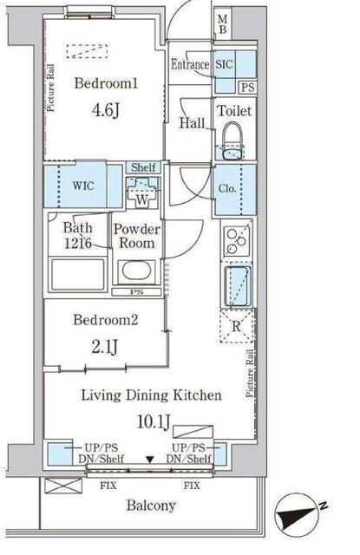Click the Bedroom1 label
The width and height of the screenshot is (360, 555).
click(x=106, y=83)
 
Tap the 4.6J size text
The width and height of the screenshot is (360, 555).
click(x=106, y=110)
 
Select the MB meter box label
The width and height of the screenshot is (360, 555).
click(x=223, y=25)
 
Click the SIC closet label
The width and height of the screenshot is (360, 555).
click(x=224, y=64)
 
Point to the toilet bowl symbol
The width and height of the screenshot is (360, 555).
click(x=233, y=141)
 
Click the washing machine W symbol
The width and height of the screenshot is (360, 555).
click(x=142, y=193)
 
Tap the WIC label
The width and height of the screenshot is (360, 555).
click(x=83, y=186)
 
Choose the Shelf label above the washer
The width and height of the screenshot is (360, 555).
click(x=143, y=167)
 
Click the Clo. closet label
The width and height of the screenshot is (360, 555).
click(x=227, y=188)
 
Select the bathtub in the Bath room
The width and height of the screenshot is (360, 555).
click(x=78, y=275)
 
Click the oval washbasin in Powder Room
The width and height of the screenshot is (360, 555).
click(x=136, y=271)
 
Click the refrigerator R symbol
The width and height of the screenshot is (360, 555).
click(x=237, y=326)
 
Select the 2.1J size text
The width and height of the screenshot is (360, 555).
click(x=104, y=346)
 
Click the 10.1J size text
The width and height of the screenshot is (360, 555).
click(x=154, y=421)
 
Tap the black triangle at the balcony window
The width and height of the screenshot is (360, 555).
click(x=150, y=460)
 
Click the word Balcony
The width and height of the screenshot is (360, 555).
click(x=151, y=506)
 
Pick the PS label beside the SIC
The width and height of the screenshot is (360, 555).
click(x=248, y=87)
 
